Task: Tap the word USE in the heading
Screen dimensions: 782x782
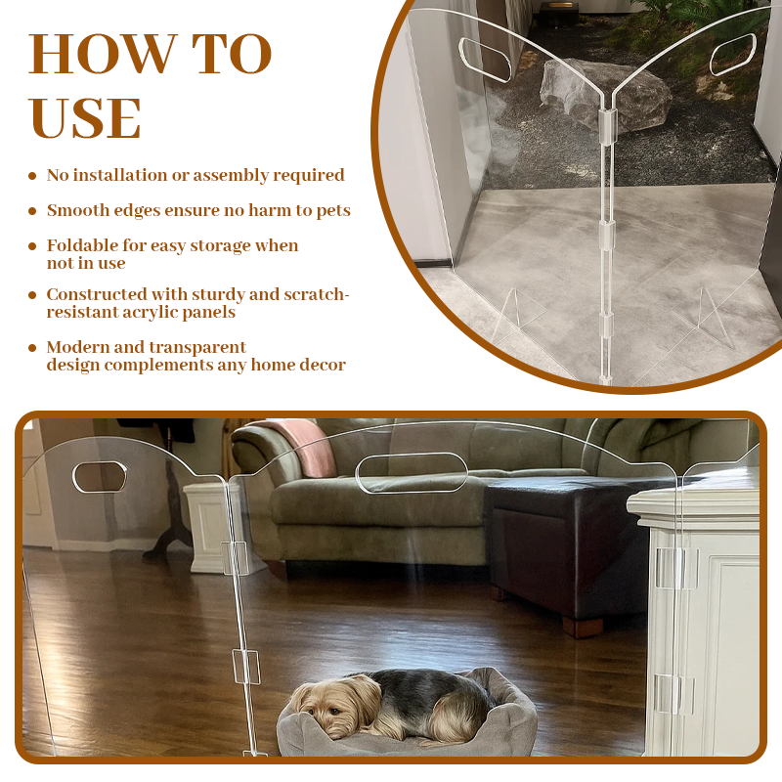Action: pyautogui.click(x=86, y=119)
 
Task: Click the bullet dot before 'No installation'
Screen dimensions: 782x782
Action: pyautogui.click(x=33, y=176)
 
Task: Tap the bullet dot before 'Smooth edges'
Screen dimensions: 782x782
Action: pyautogui.click(x=33, y=211)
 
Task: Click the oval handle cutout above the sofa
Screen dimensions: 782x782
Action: pyautogui.click(x=412, y=473)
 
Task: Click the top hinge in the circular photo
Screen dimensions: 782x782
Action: pyautogui.click(x=608, y=122)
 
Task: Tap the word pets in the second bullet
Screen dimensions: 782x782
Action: pyautogui.click(x=332, y=211)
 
